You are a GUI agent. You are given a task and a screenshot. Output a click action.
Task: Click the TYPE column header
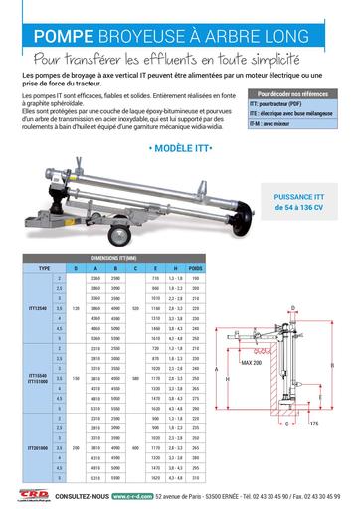point(44,268)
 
